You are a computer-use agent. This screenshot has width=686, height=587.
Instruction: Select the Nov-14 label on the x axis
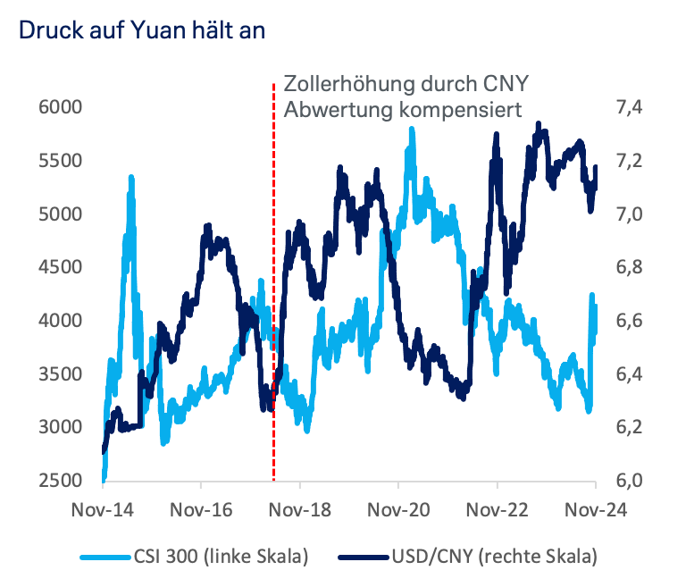point(103,509)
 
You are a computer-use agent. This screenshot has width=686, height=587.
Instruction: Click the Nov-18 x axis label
point(300,509)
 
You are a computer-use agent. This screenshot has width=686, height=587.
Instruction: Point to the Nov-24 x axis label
point(596,509)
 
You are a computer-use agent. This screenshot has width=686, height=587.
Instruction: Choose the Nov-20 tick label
point(398,509)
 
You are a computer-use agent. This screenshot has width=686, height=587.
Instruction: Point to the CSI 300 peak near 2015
point(131,178)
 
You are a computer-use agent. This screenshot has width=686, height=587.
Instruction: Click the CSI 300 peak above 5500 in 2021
point(411,130)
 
